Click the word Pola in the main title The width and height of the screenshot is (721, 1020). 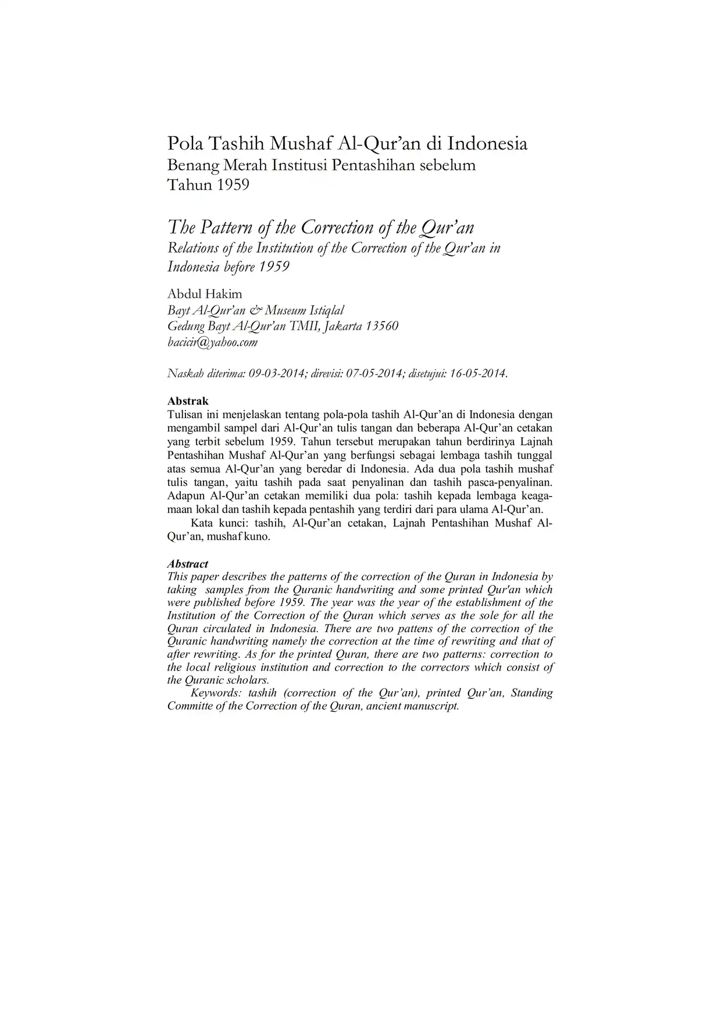185,143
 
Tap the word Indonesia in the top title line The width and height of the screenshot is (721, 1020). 487,143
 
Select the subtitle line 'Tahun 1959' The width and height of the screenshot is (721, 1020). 208,185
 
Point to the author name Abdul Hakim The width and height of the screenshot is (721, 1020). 205,294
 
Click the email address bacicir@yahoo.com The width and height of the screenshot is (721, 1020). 212,343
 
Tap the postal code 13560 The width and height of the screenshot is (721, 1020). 381,326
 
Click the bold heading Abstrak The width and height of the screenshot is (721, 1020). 188,401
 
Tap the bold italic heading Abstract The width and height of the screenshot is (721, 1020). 188,564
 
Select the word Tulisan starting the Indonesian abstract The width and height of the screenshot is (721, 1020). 185,415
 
